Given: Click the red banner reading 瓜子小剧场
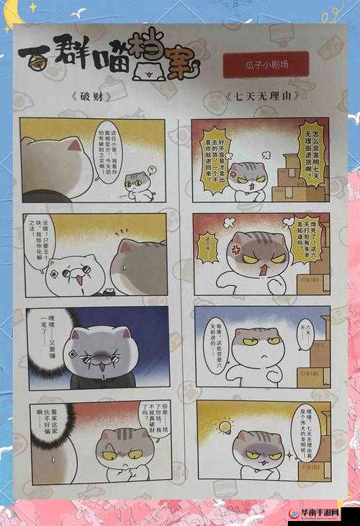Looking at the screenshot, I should tap(266, 64).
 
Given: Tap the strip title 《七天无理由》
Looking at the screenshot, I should tap(261, 95).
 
